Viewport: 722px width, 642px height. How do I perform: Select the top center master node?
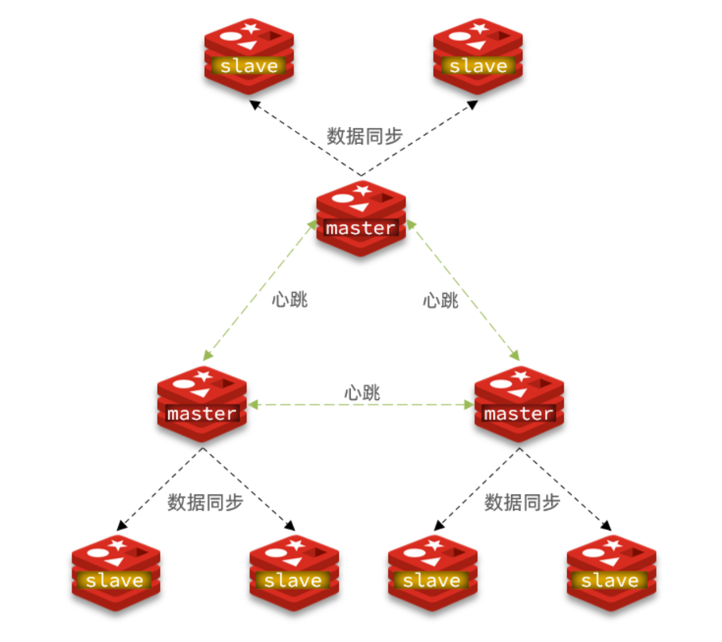361,218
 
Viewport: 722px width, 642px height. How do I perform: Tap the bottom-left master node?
202,403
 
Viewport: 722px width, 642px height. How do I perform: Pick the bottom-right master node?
519,403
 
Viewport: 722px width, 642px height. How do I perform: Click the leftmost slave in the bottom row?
116,572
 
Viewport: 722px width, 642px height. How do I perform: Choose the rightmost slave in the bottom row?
611,572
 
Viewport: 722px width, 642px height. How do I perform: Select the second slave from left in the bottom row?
294,572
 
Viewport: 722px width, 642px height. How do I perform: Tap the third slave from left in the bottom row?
433,572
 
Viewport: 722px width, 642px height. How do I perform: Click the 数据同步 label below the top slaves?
365,136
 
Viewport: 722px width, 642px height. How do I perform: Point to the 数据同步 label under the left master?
205,502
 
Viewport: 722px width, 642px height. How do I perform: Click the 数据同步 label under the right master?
522,502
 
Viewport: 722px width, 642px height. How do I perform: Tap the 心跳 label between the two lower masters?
362,392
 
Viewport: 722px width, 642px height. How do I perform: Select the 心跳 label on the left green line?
289,299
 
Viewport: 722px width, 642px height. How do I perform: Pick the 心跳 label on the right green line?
440,301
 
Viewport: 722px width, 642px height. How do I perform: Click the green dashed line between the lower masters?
314,405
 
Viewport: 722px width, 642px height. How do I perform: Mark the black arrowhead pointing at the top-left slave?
255,104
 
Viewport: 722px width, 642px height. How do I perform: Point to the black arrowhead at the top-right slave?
472,104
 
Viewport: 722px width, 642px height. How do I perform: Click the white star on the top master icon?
362,190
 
